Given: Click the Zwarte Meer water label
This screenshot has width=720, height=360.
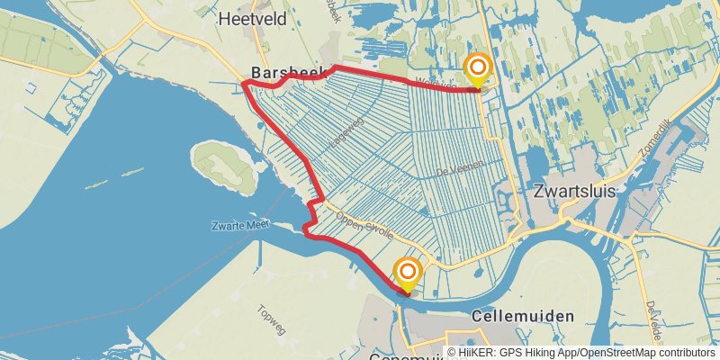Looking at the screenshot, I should tap(239, 225).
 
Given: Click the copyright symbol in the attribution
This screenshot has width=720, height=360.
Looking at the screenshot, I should tap(452, 354).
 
